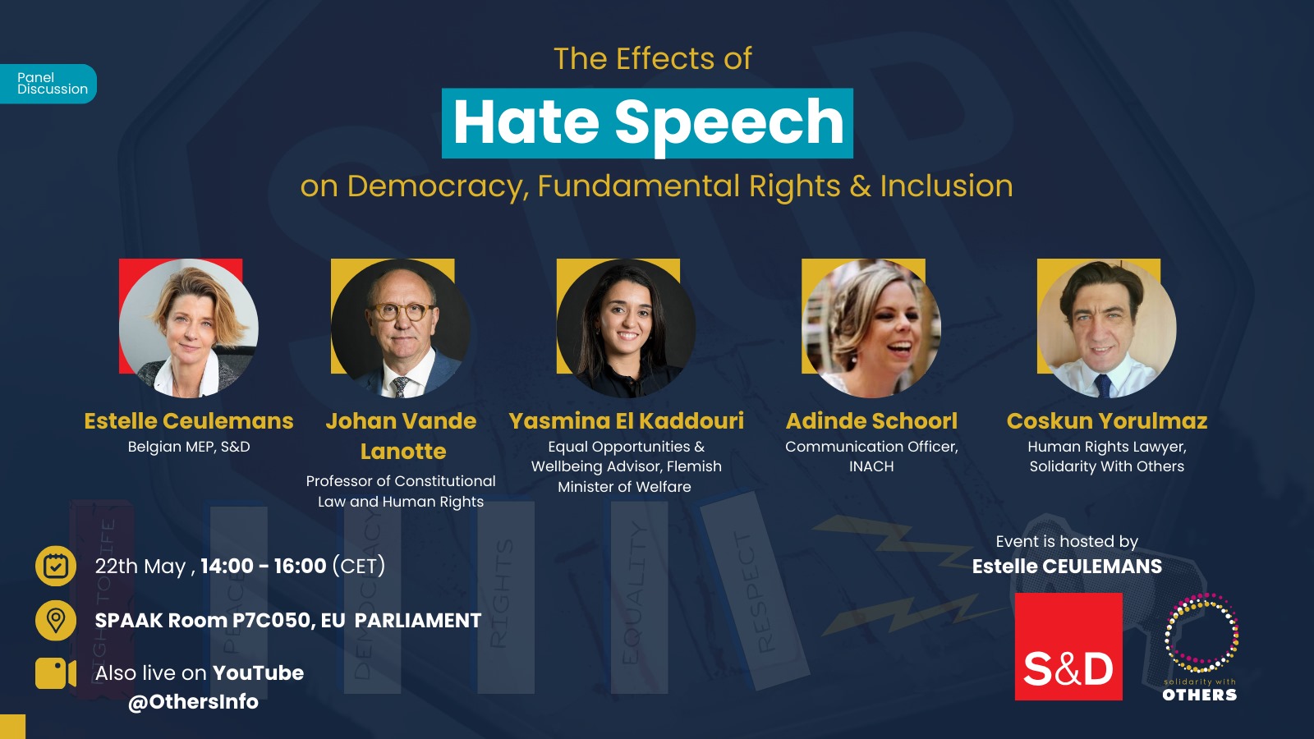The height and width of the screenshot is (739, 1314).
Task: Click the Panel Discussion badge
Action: click(x=48, y=84)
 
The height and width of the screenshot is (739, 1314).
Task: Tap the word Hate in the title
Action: click(x=526, y=122)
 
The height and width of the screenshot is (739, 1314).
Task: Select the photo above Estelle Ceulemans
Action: click(x=188, y=328)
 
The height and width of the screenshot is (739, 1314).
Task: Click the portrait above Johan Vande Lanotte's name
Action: click(x=401, y=328)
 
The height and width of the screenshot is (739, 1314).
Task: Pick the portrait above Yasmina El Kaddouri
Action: click(x=626, y=328)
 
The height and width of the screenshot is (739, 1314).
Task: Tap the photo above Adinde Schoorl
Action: click(x=871, y=328)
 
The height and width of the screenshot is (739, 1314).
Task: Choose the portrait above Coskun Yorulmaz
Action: click(x=1106, y=328)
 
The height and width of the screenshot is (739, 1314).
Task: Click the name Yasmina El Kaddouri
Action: click(x=626, y=421)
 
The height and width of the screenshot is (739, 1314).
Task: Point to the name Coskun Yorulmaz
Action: click(x=1107, y=421)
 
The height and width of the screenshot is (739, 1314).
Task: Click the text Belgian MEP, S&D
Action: click(x=189, y=447)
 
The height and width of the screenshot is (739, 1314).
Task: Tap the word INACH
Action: click(x=871, y=467)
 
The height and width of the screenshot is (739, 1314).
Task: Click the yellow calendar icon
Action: click(x=56, y=566)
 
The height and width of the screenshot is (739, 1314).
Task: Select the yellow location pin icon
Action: click(x=56, y=620)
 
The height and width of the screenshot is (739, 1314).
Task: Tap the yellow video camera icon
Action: click(x=56, y=673)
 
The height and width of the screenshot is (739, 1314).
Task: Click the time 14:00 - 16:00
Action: click(x=264, y=566)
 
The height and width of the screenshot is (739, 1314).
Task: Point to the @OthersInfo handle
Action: click(x=193, y=702)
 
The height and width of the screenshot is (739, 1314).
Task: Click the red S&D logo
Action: click(x=1068, y=646)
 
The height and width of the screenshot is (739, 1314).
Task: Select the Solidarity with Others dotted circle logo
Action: click(x=1201, y=633)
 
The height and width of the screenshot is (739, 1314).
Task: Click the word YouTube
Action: click(x=258, y=672)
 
